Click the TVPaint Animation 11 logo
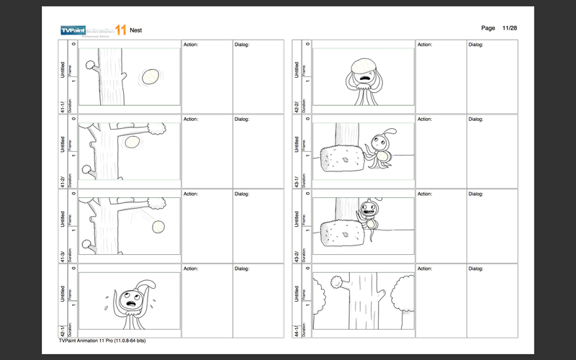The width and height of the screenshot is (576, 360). tap(93, 30)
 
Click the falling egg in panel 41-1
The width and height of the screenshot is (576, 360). tap(150, 76)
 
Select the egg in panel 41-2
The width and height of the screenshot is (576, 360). tap(132, 143)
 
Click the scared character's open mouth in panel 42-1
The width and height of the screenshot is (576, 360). tap(132, 303)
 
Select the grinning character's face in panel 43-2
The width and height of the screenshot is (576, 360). tap(369, 210)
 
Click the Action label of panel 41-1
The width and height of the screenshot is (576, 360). tap(191, 45)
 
